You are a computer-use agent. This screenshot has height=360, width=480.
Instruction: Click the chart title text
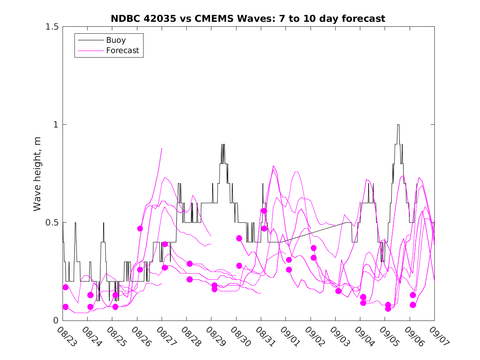point(248,19)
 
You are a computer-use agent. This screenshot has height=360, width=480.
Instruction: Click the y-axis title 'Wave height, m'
point(37,174)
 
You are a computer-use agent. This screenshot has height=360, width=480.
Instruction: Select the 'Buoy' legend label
point(116,40)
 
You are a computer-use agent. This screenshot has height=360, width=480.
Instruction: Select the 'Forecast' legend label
point(123,51)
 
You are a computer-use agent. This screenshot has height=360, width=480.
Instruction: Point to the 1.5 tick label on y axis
point(51,27)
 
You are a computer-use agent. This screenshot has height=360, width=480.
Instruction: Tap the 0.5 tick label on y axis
point(51,223)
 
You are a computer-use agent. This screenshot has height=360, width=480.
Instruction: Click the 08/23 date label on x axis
point(65,336)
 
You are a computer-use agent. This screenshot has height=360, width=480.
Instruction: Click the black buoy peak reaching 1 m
point(398,125)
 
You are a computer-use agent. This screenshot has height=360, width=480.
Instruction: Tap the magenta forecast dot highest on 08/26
point(140,228)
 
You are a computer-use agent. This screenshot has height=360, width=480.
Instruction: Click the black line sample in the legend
point(89,40)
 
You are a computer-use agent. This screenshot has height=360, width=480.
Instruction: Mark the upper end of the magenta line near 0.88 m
point(162,148)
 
